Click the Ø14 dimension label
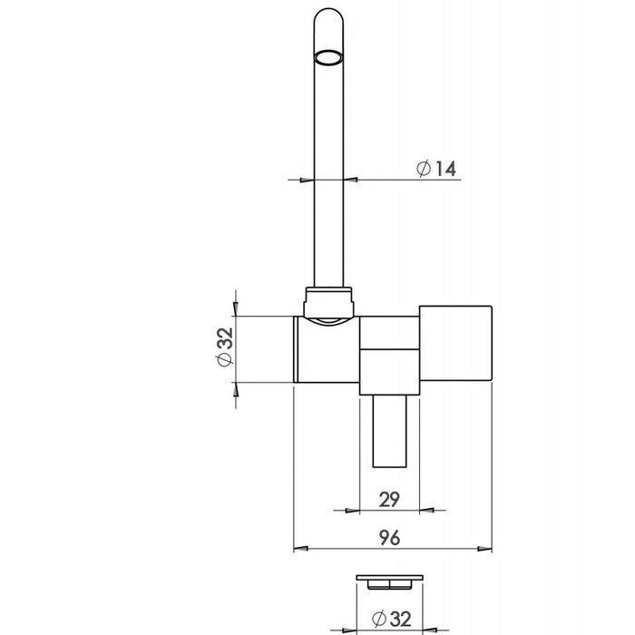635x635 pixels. pyautogui.click(x=436, y=168)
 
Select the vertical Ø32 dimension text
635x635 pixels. pyautogui.click(x=225, y=347)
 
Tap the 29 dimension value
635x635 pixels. pyautogui.click(x=389, y=499)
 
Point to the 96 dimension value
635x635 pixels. pyautogui.click(x=389, y=537)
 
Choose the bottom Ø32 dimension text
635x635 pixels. pyautogui.click(x=391, y=619)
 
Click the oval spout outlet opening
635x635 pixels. pyautogui.click(x=328, y=57)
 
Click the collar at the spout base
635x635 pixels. pyautogui.click(x=328, y=302)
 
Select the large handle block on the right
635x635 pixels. pyautogui.click(x=455, y=344)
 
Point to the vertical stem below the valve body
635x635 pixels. pyautogui.click(x=389, y=431)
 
